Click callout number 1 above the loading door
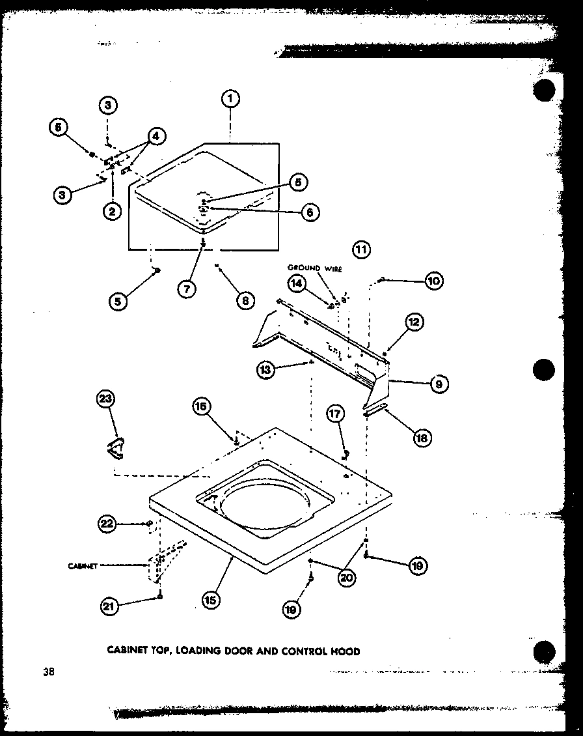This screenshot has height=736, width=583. click(x=230, y=99)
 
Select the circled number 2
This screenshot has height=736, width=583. click(x=113, y=210)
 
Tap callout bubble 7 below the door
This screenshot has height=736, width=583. click(x=186, y=289)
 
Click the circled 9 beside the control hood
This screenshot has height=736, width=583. click(x=439, y=385)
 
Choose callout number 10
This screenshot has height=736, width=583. click(x=433, y=281)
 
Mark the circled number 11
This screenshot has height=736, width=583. click(x=360, y=249)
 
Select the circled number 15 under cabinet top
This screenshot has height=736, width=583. click(x=210, y=598)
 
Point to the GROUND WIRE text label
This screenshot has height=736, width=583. click(x=315, y=268)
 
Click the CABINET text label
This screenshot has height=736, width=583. click(x=83, y=566)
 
